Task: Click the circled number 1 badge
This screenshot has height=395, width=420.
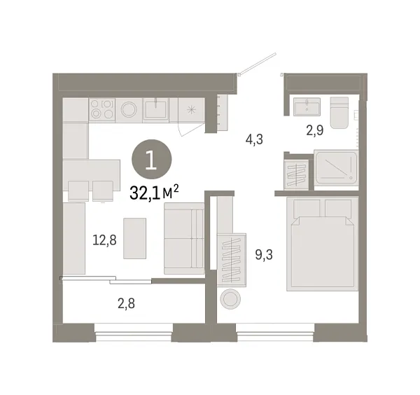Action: click(152, 159)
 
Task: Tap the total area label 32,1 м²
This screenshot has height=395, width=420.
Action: click(154, 193)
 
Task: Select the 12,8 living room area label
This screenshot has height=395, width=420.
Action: click(104, 240)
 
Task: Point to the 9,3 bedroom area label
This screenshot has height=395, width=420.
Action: click(264, 255)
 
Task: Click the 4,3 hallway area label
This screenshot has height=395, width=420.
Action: click(254, 139)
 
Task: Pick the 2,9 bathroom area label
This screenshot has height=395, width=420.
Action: click(315, 130)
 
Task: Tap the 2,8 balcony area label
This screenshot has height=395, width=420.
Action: click(126, 304)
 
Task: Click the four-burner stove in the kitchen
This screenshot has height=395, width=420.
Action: click(102, 109)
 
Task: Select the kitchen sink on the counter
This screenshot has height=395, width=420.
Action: click(155, 109)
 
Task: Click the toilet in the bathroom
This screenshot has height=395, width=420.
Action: click(339, 113)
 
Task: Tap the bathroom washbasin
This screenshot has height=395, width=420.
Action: click(307, 106)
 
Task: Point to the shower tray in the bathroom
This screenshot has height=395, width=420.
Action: click(336, 167)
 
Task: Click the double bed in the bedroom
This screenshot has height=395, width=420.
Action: click(323, 244)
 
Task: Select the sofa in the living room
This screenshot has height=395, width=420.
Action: click(184, 238)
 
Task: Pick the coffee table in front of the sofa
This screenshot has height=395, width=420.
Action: click(134, 238)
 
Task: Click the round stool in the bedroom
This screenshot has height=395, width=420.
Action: click(230, 298)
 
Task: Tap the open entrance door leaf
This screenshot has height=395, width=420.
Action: click(258, 63)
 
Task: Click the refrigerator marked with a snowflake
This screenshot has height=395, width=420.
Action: click(192, 109)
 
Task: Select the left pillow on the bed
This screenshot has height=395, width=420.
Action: click(307, 208)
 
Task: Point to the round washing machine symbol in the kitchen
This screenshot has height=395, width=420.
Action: click(129, 109)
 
